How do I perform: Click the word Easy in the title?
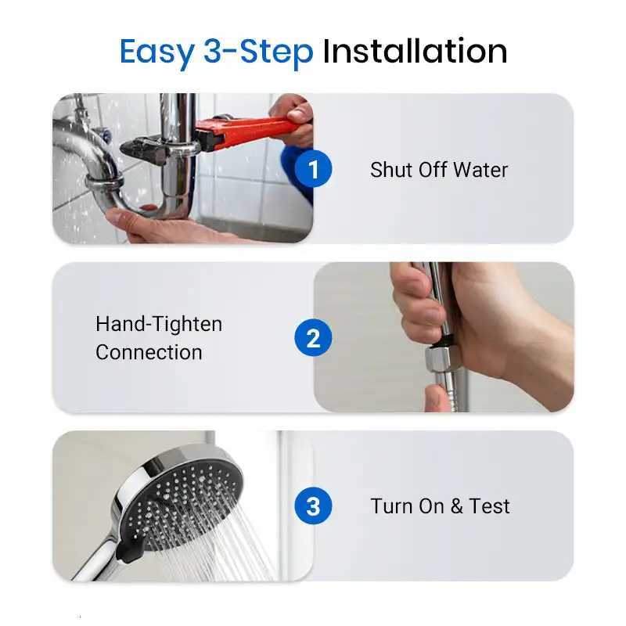click(x=156, y=52)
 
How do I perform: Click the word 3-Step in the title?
click(x=258, y=52)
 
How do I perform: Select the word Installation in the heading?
click(x=415, y=52)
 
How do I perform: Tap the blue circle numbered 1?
click(x=313, y=170)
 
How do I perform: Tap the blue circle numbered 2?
click(x=313, y=338)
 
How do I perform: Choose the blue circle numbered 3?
click(x=313, y=506)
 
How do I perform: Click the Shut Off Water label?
click(x=439, y=170)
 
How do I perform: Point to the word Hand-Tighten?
click(x=159, y=324)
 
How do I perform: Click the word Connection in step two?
click(x=149, y=352)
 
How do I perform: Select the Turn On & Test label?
click(x=440, y=506)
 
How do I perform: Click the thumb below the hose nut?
click(x=438, y=398)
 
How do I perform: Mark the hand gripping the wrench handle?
click(x=293, y=117)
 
